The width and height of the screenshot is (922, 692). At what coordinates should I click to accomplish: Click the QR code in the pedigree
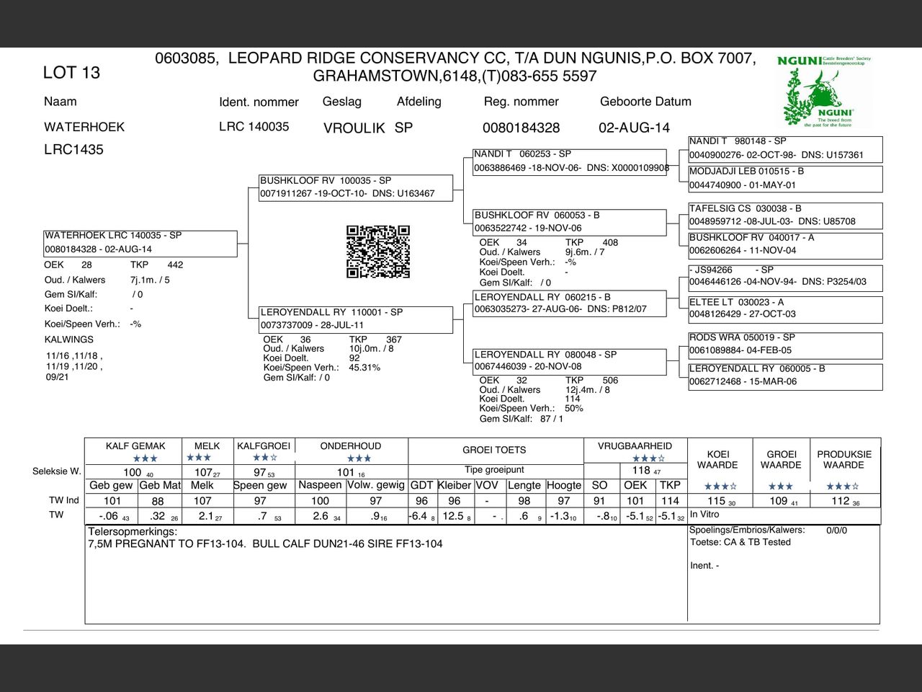pyautogui.click(x=378, y=252)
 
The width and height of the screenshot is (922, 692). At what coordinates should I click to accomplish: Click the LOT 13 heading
pyautogui.click(x=71, y=72)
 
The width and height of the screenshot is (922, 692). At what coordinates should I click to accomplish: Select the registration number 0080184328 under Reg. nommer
pyautogui.click(x=521, y=128)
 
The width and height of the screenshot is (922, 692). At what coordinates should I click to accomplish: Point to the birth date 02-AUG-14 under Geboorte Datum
pyautogui.click(x=634, y=128)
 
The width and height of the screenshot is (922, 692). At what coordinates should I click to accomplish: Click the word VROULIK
pyautogui.click(x=354, y=128)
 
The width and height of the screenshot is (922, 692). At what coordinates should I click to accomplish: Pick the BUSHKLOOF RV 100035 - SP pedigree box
pyautogui.click(x=357, y=187)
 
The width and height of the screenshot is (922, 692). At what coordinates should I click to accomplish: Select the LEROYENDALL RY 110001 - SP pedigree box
pyautogui.click(x=357, y=319)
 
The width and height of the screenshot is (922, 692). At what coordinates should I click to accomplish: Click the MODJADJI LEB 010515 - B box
pyautogui.click(x=785, y=178)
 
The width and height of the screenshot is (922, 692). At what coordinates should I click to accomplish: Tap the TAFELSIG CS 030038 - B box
pyautogui.click(x=785, y=215)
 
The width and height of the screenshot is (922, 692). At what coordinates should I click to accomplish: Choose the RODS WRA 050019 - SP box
pyautogui.click(x=785, y=344)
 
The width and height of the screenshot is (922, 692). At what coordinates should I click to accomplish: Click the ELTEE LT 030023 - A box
pyautogui.click(x=785, y=308)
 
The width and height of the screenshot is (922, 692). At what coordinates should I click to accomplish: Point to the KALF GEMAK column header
pyautogui.click(x=135, y=446)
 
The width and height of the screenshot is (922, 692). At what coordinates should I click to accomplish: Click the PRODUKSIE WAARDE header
pyautogui.click(x=844, y=459)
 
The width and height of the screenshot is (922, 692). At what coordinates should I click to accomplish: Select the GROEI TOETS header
pyautogui.click(x=494, y=450)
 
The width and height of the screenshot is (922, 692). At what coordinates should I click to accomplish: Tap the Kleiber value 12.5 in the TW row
pyautogui.click(x=453, y=516)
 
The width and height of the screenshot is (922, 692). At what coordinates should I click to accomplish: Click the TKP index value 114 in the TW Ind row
pyautogui.click(x=670, y=501)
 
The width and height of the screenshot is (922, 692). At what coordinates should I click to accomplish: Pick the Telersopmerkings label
pyautogui.click(x=133, y=532)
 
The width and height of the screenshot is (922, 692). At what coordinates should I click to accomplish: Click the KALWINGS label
pyautogui.click(x=69, y=340)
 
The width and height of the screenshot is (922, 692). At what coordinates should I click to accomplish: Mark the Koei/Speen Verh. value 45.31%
pyautogui.click(x=364, y=368)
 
